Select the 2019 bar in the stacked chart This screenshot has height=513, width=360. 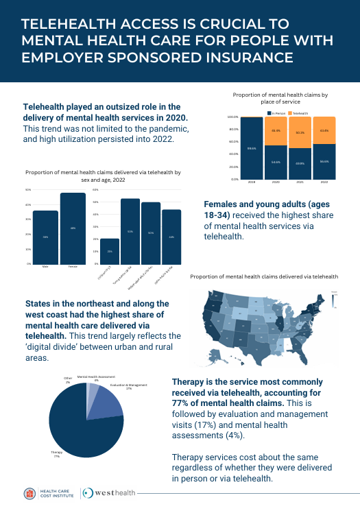coord(252,148)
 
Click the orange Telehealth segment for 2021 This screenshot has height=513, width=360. coord(300,132)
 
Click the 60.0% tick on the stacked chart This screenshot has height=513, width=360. coord(234,142)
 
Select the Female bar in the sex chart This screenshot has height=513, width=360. coord(73,229)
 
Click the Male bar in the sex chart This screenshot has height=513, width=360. coord(45,237)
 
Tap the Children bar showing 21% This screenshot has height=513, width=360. coord(110,251)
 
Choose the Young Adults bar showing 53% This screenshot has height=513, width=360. coord(130,231)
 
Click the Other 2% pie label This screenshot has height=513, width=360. coord(67,379)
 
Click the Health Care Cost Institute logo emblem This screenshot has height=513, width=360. coord(30,493)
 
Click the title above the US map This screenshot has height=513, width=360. coord(264,276)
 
